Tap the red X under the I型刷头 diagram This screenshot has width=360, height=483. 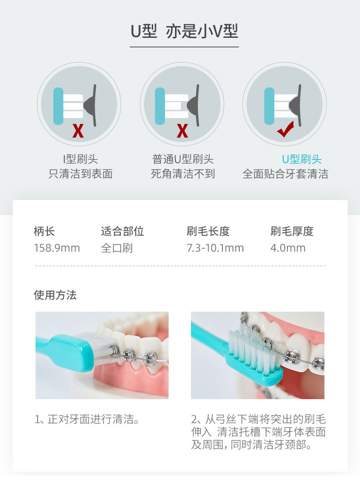click(x=78, y=131)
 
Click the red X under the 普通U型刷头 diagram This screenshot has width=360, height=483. click(x=182, y=131)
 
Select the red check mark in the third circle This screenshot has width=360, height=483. click(x=285, y=129)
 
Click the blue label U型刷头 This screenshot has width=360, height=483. click(x=302, y=159)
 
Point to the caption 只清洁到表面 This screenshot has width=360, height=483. click(x=80, y=174)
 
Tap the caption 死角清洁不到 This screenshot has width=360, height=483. click(x=183, y=174)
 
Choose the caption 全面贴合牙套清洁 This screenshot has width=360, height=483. click(x=285, y=174)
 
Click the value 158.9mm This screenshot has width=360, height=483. click(x=57, y=248)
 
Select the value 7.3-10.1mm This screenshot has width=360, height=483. click(x=215, y=248)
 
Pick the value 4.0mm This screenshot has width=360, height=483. click(x=288, y=248)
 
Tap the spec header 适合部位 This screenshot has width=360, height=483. click(x=122, y=231)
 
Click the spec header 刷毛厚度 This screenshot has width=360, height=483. click(x=292, y=231)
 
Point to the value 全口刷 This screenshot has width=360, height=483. click(x=117, y=248)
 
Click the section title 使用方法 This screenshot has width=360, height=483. click(x=55, y=295)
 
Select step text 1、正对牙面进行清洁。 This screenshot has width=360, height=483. click(x=87, y=419)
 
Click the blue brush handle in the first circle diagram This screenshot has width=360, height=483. click(x=58, y=106)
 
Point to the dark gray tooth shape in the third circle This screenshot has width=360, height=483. click(x=294, y=106)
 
